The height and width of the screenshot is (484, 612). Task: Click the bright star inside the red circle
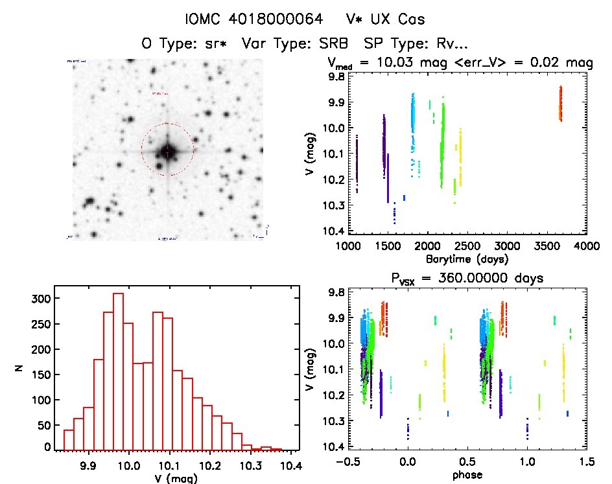tap(167, 151)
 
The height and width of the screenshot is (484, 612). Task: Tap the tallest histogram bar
tap(118, 371)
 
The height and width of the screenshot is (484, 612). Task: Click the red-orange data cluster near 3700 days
tap(560, 104)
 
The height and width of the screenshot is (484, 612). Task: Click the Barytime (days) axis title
tap(467, 259)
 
